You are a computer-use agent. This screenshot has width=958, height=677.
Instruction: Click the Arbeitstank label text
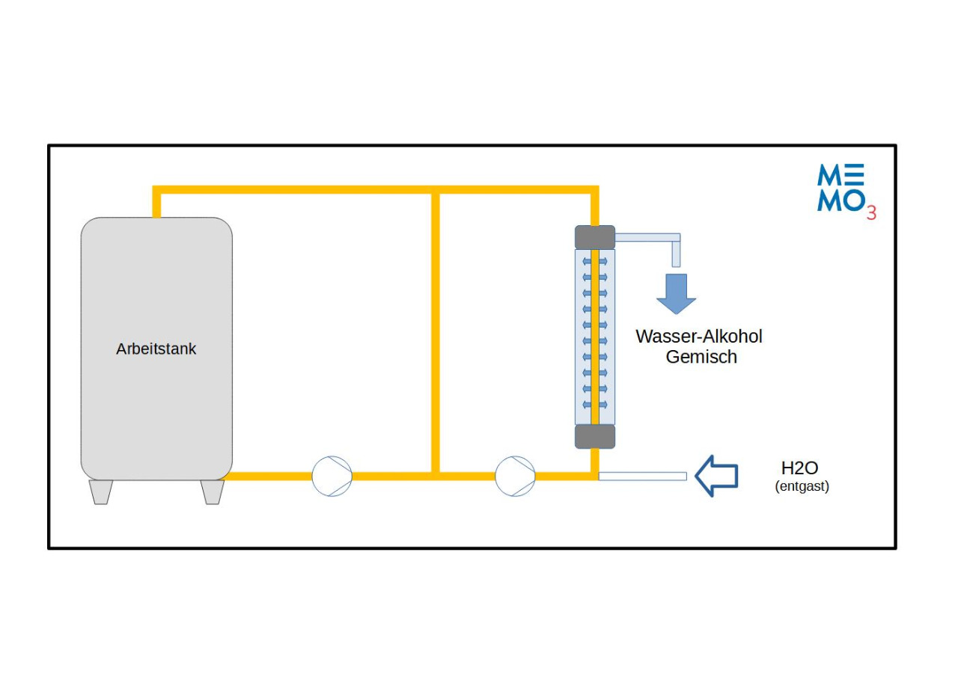click(x=156, y=349)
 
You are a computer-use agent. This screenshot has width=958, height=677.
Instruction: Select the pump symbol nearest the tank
click(x=332, y=476)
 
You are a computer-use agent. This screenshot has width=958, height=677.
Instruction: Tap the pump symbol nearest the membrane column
click(x=515, y=476)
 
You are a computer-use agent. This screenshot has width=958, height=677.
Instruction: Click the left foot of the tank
click(x=101, y=491)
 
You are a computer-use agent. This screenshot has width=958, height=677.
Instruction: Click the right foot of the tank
click(x=212, y=491)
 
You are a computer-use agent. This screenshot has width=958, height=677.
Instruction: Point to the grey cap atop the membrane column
click(x=594, y=237)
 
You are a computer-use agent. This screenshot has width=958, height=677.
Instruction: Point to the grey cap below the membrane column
click(x=594, y=436)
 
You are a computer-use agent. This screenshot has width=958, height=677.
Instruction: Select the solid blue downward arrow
click(x=676, y=293)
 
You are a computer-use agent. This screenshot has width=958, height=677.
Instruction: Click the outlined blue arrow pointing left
click(x=716, y=476)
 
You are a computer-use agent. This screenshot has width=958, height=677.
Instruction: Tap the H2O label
click(x=799, y=468)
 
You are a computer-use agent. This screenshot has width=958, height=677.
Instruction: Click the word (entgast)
click(x=802, y=486)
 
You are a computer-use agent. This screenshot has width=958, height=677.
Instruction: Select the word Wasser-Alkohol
click(x=698, y=336)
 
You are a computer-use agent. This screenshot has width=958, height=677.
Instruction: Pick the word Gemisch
click(x=701, y=357)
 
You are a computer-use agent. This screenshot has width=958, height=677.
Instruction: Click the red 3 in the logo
click(x=871, y=213)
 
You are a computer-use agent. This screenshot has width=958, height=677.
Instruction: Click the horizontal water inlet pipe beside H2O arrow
click(x=642, y=476)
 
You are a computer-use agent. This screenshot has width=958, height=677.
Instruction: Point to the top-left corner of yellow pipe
click(x=157, y=190)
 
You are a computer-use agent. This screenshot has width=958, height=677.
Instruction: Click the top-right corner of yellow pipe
click(x=594, y=190)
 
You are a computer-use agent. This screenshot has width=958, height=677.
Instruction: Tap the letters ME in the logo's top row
click(x=840, y=175)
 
